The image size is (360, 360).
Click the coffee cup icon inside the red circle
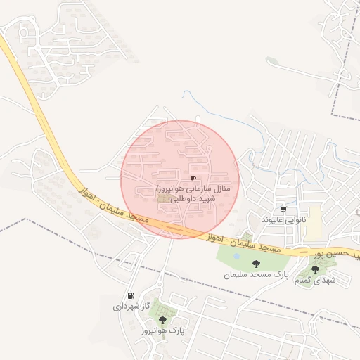pos(193,179)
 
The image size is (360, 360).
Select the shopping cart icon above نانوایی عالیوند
pos(283,210)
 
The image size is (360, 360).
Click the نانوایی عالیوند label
pos(284,220)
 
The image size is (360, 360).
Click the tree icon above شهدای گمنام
pos(314,269)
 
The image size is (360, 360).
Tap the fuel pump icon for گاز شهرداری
pos(131,295)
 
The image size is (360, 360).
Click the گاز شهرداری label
pos(131,307)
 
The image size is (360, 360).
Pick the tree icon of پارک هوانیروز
pos(163,319)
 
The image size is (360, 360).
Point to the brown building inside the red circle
pos(164,199)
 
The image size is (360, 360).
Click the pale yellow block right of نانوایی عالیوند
pos(315,220)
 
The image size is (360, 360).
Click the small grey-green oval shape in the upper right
pos(273,60)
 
